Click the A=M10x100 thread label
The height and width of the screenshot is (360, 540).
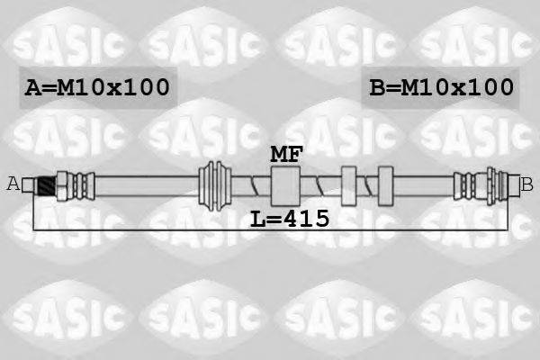(96, 88)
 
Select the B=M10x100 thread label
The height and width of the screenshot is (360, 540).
(442, 88)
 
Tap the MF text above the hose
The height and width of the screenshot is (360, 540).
(287, 153)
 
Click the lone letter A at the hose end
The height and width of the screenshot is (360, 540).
(13, 184)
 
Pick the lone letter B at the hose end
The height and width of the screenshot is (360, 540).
(527, 184)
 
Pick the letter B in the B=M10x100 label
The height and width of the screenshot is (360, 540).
(379, 88)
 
